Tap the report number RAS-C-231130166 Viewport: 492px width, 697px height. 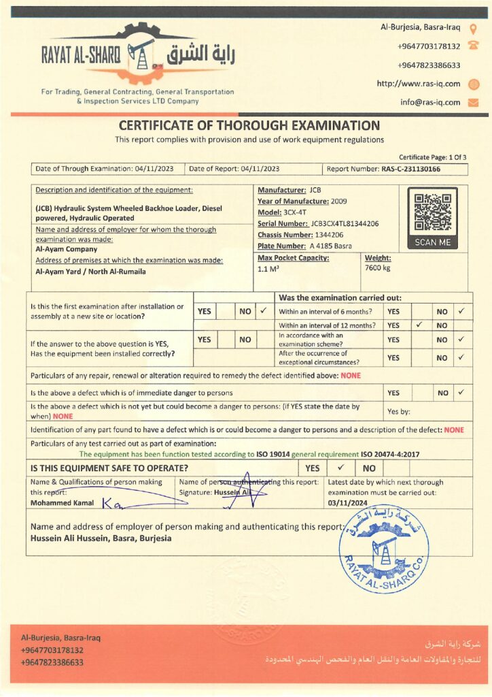[411, 169]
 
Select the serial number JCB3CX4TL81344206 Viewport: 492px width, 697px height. [345, 223]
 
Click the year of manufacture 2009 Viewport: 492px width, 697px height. [343, 201]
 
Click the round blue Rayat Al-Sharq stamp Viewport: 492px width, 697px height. [384, 550]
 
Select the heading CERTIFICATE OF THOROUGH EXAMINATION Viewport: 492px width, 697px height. [249, 125]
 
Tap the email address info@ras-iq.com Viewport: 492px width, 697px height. [430, 103]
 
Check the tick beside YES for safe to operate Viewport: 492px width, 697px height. [341, 468]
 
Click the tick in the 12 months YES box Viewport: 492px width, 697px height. [420, 325]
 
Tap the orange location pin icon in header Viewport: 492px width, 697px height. [474, 28]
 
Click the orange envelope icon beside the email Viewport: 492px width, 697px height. [474, 103]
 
